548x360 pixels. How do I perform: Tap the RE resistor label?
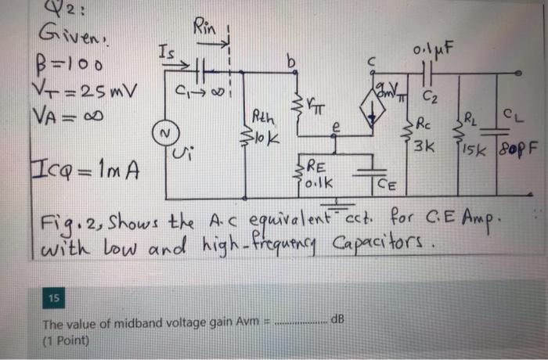tap(315, 167)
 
